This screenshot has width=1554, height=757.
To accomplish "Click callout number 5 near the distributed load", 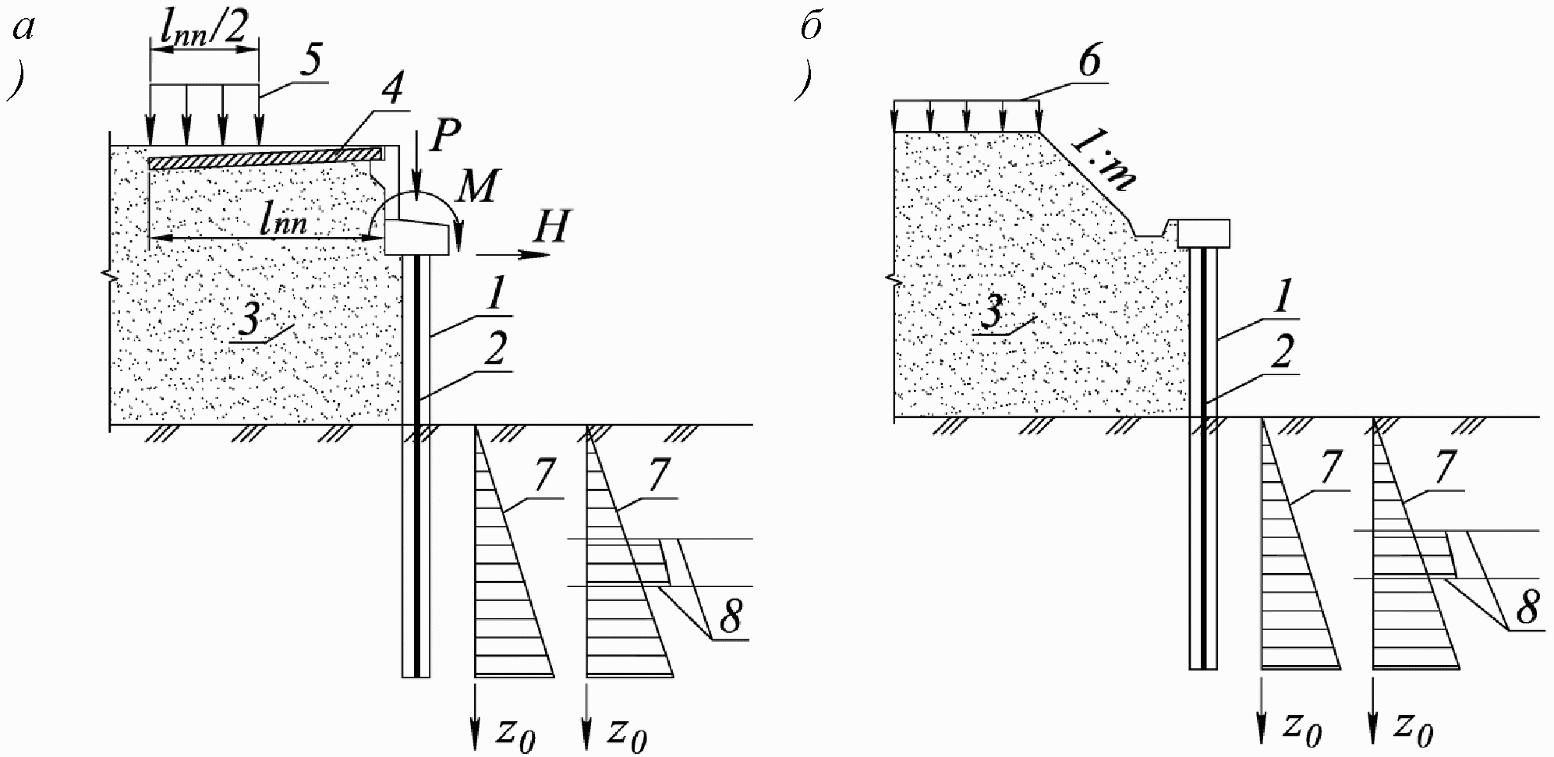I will click(x=311, y=62).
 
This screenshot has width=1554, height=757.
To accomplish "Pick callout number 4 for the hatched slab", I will click(x=392, y=90).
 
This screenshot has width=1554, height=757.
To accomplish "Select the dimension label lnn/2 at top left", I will click(x=204, y=30).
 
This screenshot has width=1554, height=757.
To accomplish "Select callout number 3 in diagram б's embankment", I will click(x=989, y=315).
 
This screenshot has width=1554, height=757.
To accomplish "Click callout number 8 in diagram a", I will click(x=730, y=617).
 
